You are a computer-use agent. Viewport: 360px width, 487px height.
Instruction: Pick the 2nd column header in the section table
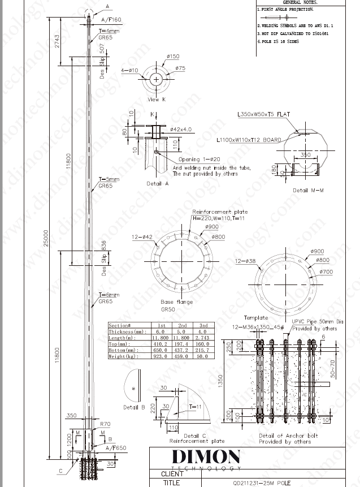click(x=182, y=326)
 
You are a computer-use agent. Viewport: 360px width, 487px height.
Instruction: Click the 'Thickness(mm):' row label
click(x=128, y=332)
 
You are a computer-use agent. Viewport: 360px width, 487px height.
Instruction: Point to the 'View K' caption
click(x=157, y=100)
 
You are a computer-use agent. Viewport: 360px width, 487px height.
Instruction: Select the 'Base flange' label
click(x=176, y=302)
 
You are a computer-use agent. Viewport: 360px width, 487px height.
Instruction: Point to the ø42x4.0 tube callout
click(x=180, y=129)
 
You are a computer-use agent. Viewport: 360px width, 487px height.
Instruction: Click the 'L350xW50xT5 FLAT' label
click(x=263, y=114)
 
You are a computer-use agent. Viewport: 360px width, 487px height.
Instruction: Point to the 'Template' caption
click(x=255, y=318)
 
